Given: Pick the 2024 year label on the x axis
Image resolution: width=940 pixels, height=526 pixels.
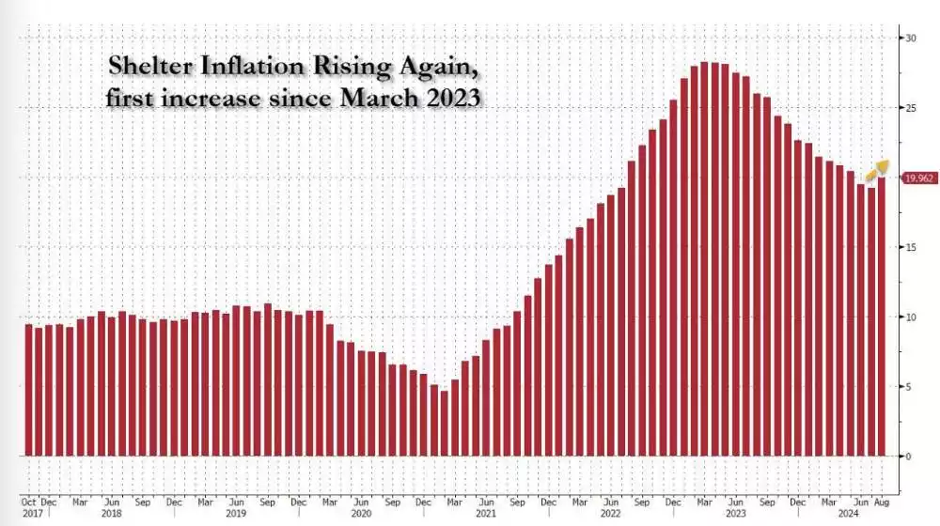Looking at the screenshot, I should [848, 515].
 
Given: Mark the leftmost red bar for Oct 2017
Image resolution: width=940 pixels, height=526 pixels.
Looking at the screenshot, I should [28, 390].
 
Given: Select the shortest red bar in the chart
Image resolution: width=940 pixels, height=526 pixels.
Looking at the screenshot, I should [445, 424].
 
